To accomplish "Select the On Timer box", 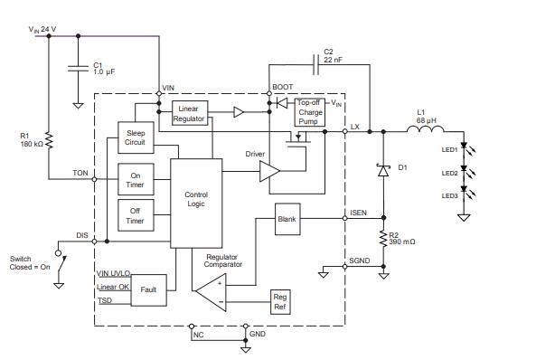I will tap(135, 179).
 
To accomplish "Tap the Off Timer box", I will tap(135, 215).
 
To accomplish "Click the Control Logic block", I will tap(195, 199).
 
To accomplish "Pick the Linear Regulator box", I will tap(190, 113).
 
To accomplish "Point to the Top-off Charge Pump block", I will tap(310, 113).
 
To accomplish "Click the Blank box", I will tap(287, 219).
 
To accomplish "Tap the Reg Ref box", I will tap(279, 302).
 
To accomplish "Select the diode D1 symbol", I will tap(383, 169).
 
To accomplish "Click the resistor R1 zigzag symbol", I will tap(51, 141).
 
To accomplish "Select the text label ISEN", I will tap(357, 213).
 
